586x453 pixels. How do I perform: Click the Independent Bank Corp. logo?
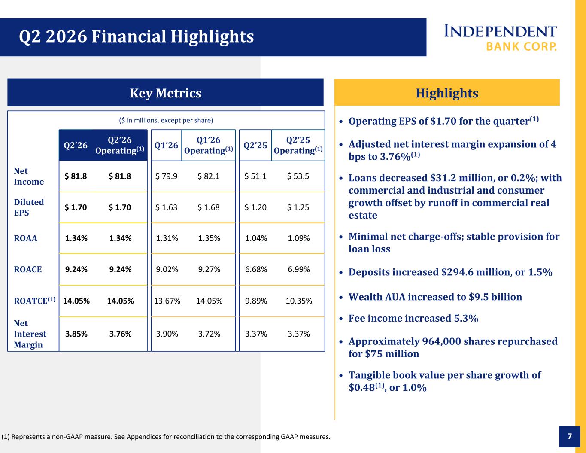[500, 38]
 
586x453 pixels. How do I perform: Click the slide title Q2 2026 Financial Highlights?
[136, 36]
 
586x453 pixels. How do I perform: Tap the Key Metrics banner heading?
[165, 93]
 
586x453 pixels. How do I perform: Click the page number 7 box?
[570, 436]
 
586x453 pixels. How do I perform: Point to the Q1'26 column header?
[166, 145]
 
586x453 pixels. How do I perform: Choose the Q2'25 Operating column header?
[298, 145]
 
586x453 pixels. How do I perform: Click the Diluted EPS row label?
[29, 207]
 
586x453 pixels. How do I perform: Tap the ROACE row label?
[28, 269]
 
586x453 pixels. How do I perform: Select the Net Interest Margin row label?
[30, 334]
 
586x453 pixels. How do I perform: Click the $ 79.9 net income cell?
[166, 176]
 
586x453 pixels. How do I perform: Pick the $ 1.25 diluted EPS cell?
[298, 207]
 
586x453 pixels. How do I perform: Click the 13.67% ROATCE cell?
[167, 301]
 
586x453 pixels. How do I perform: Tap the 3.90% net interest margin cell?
[167, 334]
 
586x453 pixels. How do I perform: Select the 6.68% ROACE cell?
[256, 269]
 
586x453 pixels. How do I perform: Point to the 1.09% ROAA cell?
[299, 238]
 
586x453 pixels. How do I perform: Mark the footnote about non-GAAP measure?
[166, 437]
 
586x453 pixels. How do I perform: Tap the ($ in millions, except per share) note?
[166, 120]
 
